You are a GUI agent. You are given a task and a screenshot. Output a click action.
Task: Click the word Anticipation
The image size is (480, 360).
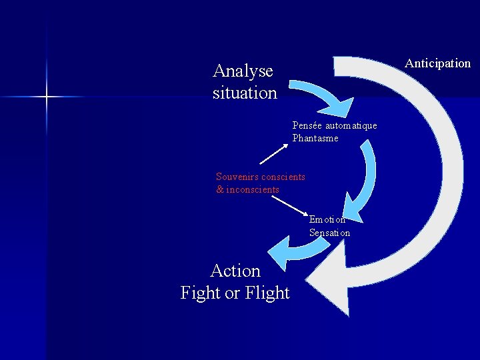coord(437,63)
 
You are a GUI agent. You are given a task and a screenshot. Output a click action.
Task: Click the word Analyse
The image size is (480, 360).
coord(243,71)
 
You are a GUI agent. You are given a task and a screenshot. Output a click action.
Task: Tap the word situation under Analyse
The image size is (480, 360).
coord(245,93)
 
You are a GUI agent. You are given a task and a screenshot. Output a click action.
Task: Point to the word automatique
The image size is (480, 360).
coord(351,125)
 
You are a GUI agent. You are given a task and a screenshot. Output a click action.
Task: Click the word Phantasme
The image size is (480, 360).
coord(315,138)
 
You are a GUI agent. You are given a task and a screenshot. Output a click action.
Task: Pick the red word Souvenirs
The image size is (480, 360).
coord(237,177)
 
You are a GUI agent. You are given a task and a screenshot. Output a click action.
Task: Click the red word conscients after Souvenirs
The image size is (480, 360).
coord(283,177)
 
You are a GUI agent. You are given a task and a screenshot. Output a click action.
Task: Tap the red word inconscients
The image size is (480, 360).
coord(253,190)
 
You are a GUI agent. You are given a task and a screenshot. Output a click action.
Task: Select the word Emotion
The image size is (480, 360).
coord(327,219)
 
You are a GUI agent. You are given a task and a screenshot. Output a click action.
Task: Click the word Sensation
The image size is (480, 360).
coord(329,233)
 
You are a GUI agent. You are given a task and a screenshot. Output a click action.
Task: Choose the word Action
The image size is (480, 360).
coord(235,271)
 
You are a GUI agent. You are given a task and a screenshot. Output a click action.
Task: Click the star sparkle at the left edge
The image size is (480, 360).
coord(47,97)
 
